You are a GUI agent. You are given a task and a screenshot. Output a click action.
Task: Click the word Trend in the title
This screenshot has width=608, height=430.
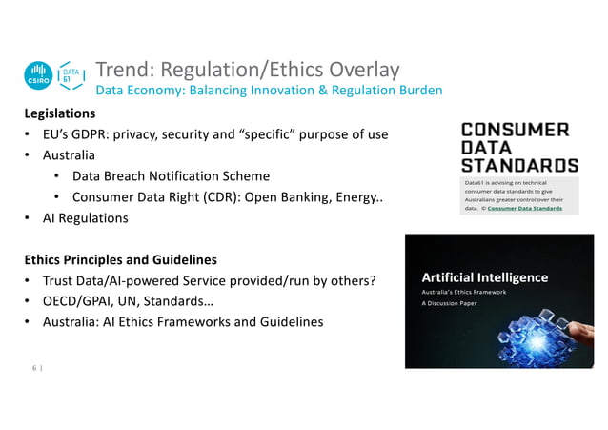124,70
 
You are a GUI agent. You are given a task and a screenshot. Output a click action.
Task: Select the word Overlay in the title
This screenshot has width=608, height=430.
363,70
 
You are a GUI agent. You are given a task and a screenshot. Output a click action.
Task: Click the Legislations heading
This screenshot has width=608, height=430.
60,113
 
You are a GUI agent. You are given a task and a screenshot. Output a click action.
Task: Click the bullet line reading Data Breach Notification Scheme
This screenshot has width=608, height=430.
171,176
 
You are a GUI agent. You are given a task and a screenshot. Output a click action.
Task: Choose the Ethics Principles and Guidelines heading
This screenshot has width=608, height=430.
120,259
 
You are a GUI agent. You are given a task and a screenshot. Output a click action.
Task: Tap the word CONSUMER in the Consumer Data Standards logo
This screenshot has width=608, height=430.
515,131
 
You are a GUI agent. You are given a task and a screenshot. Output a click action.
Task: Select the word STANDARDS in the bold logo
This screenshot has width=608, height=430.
518,165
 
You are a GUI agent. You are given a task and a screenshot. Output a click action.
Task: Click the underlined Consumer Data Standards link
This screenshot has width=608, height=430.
525,207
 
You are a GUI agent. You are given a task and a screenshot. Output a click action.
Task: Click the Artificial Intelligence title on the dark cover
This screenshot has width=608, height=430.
485,277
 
